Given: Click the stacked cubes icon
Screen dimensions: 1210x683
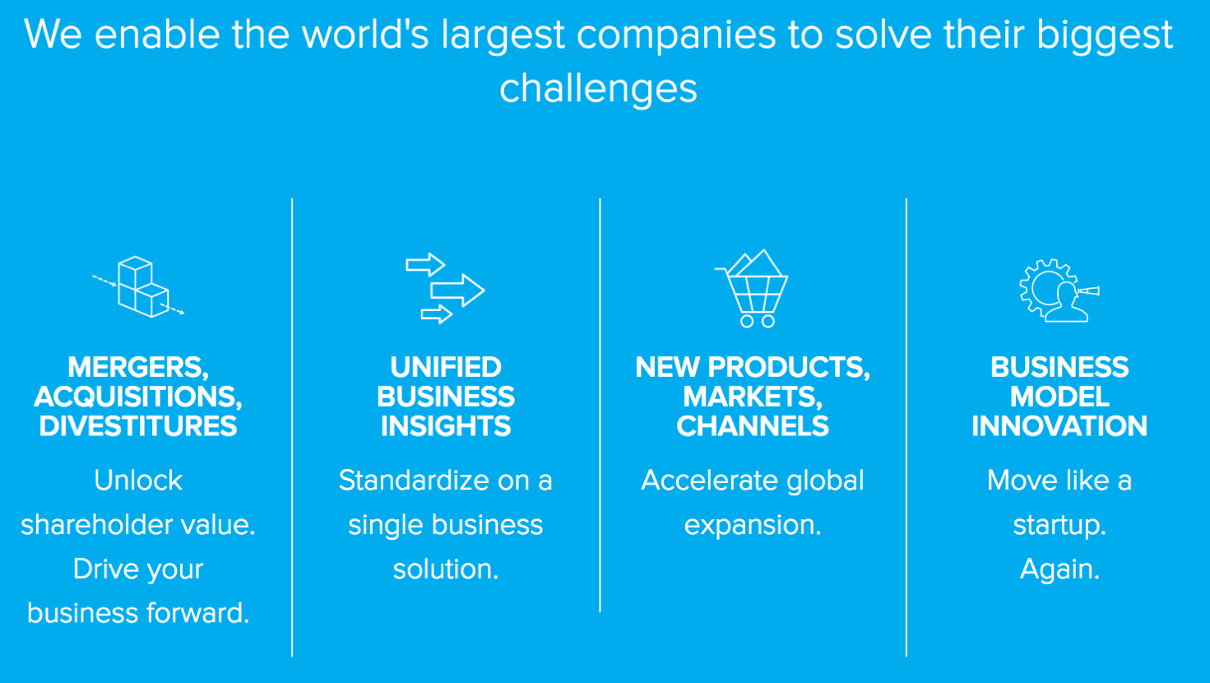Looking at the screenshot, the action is (x=138, y=287).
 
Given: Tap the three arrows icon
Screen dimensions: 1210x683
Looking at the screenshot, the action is (x=445, y=289).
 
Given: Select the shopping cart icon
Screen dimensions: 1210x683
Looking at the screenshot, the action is (x=752, y=289).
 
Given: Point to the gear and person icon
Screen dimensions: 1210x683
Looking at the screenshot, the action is (x=1059, y=290).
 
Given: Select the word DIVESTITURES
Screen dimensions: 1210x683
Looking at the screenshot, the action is (x=137, y=426).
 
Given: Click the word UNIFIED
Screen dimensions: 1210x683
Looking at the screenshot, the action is (x=446, y=368).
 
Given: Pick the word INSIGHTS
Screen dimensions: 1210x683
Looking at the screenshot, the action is (x=446, y=426).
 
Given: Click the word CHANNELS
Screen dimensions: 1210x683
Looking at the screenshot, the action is (x=753, y=426).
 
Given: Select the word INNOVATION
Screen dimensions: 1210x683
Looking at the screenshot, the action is (x=1059, y=426).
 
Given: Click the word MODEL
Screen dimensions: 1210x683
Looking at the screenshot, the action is (x=1059, y=397).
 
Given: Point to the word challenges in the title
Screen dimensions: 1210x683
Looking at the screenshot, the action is (x=599, y=89).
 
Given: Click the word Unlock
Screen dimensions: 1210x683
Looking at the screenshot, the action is (x=138, y=481).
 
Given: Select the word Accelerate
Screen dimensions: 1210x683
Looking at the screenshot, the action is (x=709, y=481).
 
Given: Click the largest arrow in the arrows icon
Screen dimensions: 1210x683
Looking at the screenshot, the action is (x=457, y=290).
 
